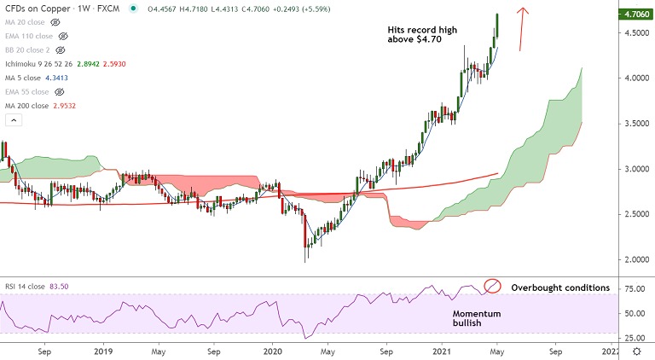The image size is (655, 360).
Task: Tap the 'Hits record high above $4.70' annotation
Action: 421,36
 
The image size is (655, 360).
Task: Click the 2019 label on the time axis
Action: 103,351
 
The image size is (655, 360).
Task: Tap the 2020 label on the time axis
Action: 272,351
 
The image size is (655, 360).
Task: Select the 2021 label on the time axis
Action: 443,351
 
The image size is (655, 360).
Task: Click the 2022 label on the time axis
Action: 611,351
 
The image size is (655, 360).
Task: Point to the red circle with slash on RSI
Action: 491,287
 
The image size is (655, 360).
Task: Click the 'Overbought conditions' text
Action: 560,287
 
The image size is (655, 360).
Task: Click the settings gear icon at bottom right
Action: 636,351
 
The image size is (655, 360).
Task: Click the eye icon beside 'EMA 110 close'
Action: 62,37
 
